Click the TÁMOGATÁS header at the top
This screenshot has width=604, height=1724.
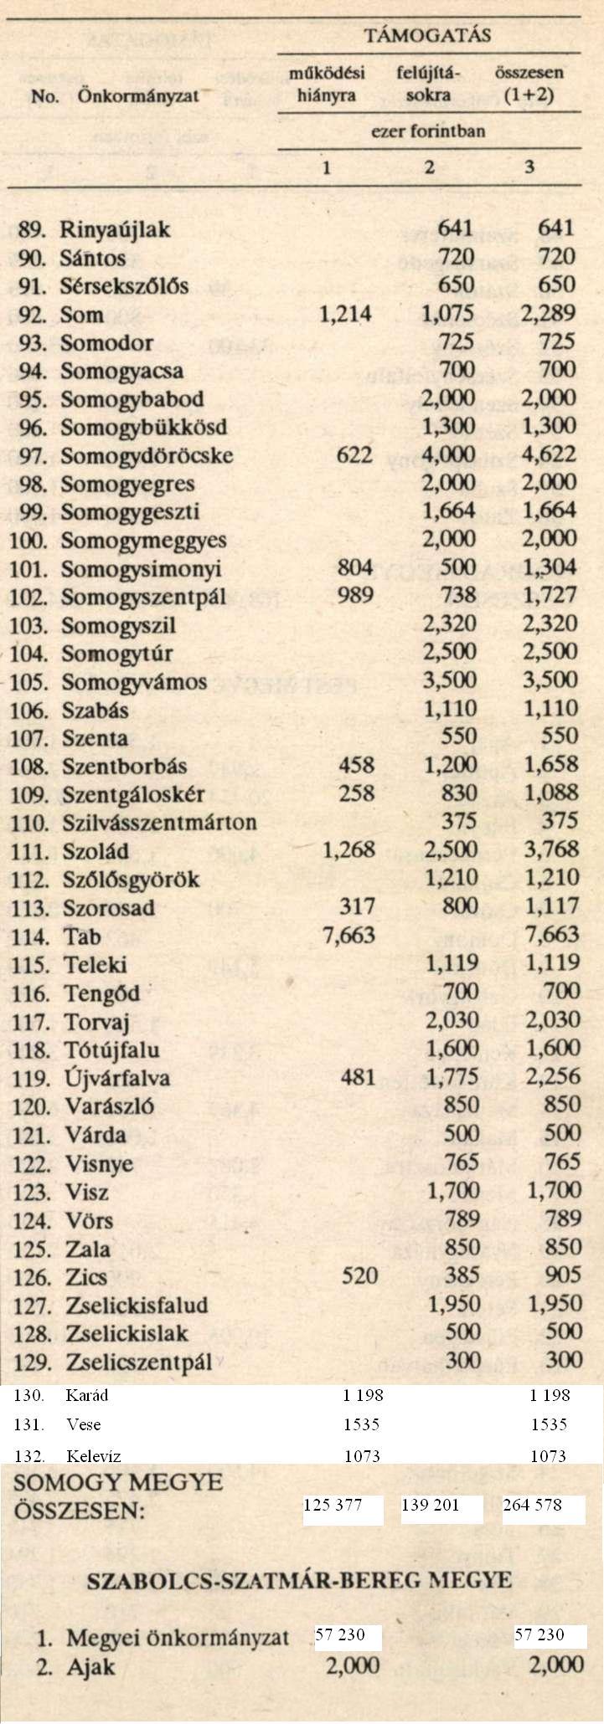pyautogui.click(x=427, y=35)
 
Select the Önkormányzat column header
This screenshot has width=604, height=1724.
pyautogui.click(x=137, y=95)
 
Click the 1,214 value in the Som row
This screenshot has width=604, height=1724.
pyautogui.click(x=346, y=314)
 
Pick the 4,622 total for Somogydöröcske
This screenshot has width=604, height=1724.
pyautogui.click(x=549, y=455)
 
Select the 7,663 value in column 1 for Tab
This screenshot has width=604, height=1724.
pyautogui.click(x=348, y=936)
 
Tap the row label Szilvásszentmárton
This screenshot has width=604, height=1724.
pyautogui.click(x=159, y=823)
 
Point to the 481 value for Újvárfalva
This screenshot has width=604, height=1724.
pyautogui.click(x=359, y=1077)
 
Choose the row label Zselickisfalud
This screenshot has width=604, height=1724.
pyautogui.click(x=137, y=1305)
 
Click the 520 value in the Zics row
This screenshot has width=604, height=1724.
pyautogui.click(x=359, y=1275)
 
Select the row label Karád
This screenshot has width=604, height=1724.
pyautogui.click(x=86, y=1395)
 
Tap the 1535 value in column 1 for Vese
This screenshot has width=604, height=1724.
pyautogui.click(x=362, y=1424)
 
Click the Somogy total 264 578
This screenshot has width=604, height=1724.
pyautogui.click(x=532, y=1506)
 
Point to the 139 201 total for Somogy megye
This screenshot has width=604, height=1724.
pyautogui.click(x=430, y=1506)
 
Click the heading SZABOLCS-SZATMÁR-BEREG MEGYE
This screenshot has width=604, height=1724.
pyautogui.click(x=299, y=1581)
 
